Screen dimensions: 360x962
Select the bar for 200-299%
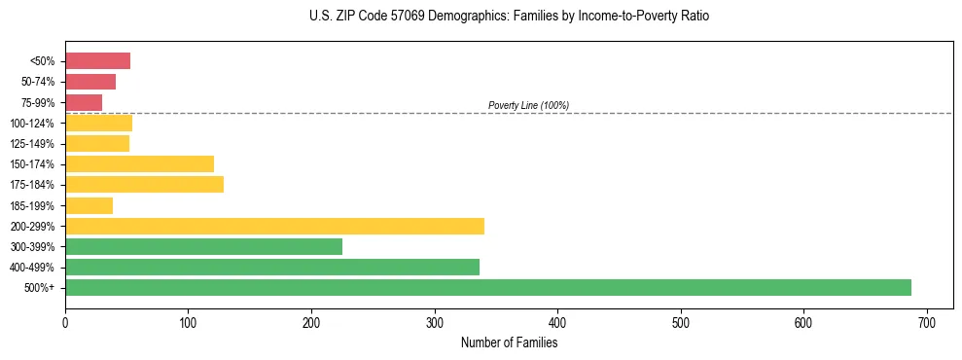[274, 226]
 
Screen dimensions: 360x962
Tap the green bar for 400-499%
[272, 267]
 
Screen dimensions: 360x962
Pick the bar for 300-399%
[203, 246]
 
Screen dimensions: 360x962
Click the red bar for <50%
[97, 61]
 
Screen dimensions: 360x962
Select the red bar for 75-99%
[84, 102]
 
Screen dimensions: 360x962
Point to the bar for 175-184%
[144, 185]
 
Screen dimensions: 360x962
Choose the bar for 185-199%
[89, 205]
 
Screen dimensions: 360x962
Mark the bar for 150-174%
[139, 163]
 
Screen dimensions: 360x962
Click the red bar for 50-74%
[90, 82]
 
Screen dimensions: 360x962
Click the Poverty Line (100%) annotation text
[528, 105]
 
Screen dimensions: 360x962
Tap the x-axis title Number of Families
[509, 342]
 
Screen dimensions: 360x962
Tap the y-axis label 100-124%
[32, 124]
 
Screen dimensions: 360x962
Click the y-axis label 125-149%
[32, 144]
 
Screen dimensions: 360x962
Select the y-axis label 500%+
[40, 288]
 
